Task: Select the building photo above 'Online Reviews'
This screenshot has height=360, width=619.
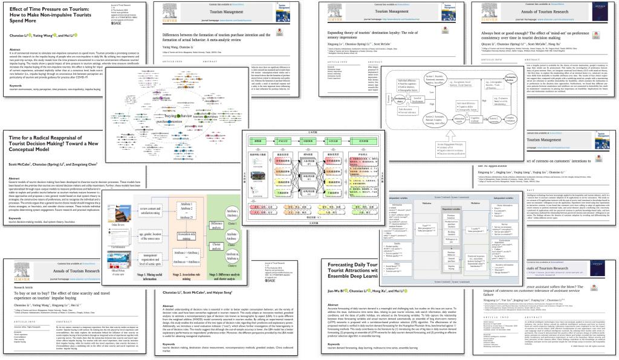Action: [123, 213]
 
